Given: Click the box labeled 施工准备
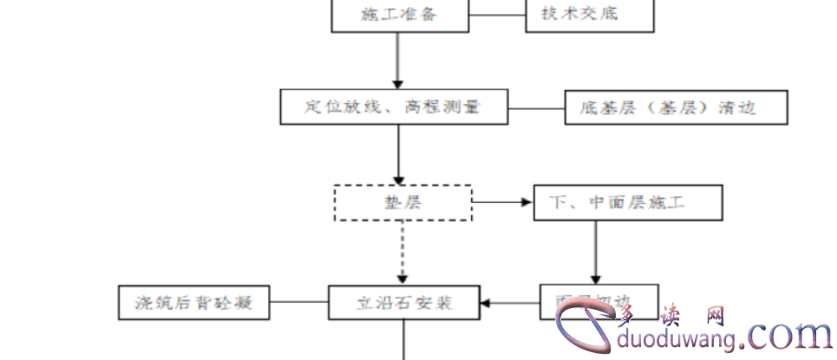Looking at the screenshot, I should (x=399, y=15).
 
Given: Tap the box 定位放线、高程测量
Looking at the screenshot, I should (x=393, y=108).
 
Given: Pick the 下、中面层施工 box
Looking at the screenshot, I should (x=628, y=203).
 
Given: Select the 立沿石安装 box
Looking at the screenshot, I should (x=405, y=303).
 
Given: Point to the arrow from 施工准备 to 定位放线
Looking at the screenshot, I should (x=398, y=61).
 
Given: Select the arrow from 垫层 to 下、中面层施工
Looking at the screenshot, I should (x=503, y=202).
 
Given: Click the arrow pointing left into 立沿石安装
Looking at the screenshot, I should (x=512, y=303).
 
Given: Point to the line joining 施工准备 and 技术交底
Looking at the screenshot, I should (x=497, y=14).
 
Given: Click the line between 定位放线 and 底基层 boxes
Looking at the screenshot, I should (x=536, y=108).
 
